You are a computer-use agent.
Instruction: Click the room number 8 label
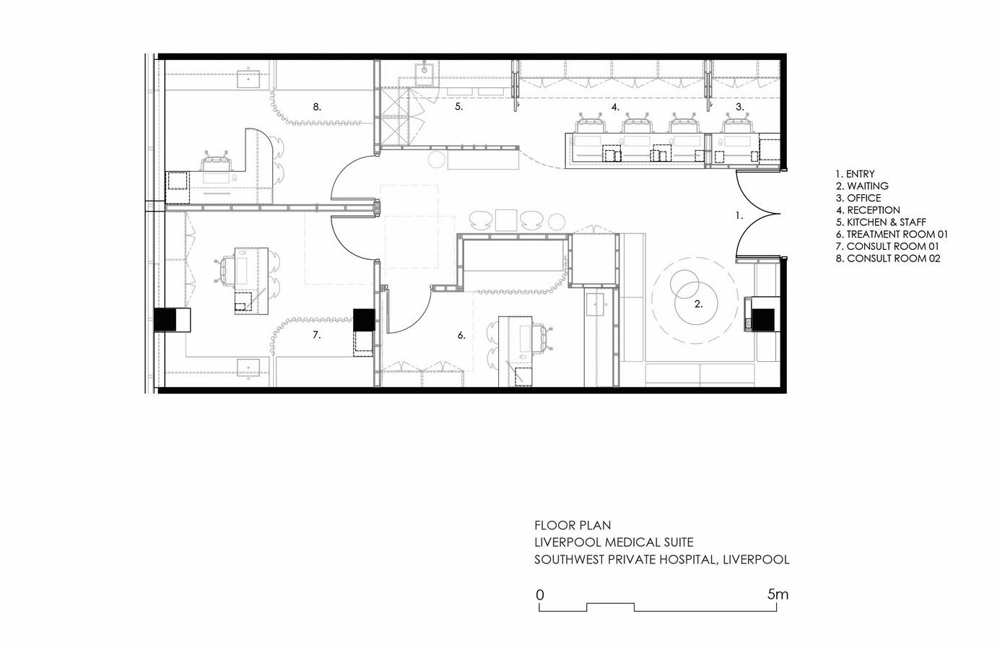pyautogui.click(x=316, y=107)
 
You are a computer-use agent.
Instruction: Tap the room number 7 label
pyautogui.click(x=316, y=335)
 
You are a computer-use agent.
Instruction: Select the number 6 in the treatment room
pyautogui.click(x=461, y=335)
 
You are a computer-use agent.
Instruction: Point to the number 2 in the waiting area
pyautogui.click(x=698, y=304)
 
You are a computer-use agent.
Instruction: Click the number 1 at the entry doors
pyautogui.click(x=739, y=216)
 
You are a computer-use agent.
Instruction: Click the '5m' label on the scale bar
pyautogui.click(x=778, y=594)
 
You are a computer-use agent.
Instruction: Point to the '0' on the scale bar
pyautogui.click(x=540, y=595)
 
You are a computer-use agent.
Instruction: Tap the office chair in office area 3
pyautogui.click(x=736, y=123)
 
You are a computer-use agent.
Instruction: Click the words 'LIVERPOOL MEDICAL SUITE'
pyautogui.click(x=614, y=542)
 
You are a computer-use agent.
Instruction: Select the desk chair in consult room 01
pyautogui.click(x=225, y=269)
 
